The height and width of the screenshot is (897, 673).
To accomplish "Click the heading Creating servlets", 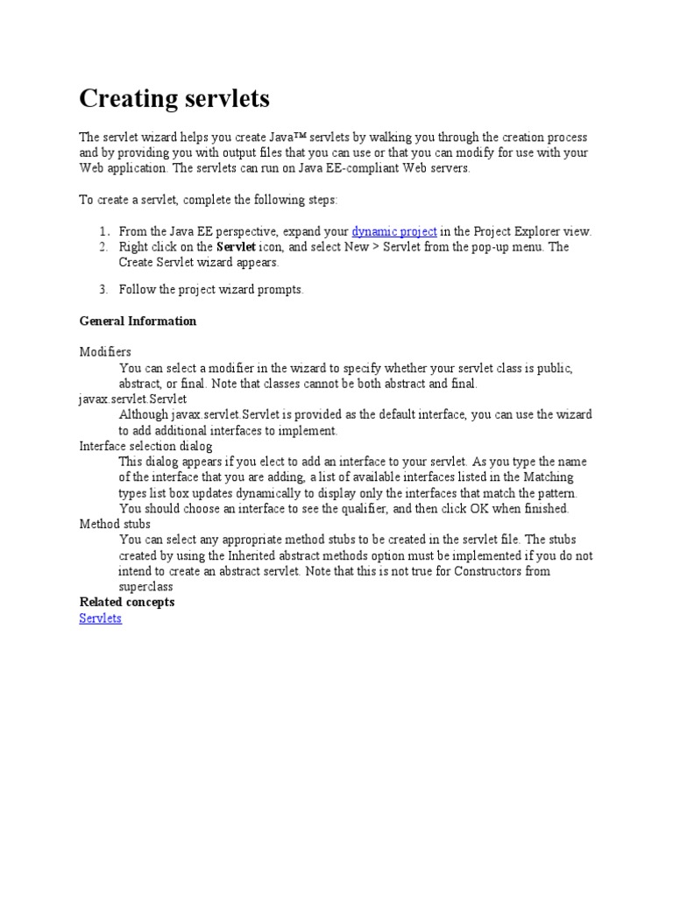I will coord(174,99).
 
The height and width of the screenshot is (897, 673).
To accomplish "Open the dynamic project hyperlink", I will coord(394,231).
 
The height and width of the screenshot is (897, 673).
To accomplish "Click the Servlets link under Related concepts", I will coord(101,618).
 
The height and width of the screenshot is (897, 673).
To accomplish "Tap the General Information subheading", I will coord(138,321).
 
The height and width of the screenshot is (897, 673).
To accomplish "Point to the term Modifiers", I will coord(105,352).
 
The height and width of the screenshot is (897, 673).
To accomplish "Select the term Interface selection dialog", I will coord(145,446).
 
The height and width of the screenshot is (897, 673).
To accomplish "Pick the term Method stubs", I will coord(115,524).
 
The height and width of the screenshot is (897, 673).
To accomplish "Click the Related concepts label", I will coord(127,602).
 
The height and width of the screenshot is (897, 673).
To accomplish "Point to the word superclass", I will coord(146,587).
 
